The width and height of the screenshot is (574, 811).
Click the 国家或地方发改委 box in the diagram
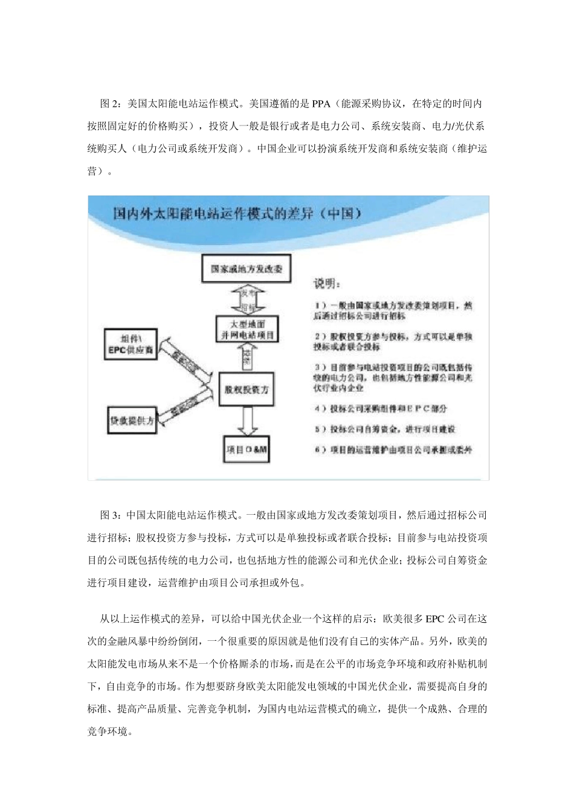coord(247,269)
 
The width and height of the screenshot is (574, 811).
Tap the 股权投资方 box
coord(247,390)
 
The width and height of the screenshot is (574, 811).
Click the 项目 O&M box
coord(247,450)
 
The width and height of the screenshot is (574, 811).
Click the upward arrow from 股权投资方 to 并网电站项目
coord(247,357)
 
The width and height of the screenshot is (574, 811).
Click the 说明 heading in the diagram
coord(326,284)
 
